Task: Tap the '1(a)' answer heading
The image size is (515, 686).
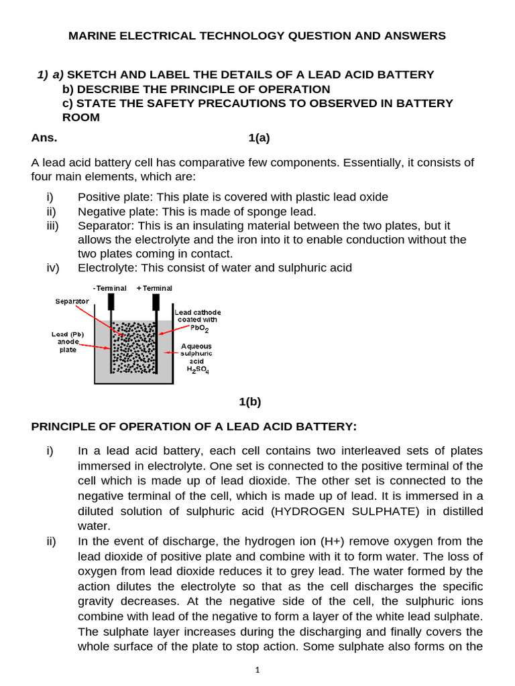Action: [259, 139]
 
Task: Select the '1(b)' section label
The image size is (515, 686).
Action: [250, 402]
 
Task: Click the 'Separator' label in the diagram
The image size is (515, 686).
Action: [72, 301]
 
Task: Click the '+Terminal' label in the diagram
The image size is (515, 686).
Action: [154, 288]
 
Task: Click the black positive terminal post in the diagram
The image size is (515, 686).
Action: [156, 302]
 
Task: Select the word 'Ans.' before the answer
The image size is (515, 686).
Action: [44, 139]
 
